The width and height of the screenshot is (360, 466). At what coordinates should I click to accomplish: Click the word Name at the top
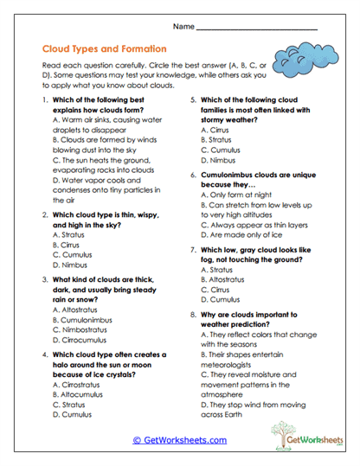[x=185, y=29]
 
